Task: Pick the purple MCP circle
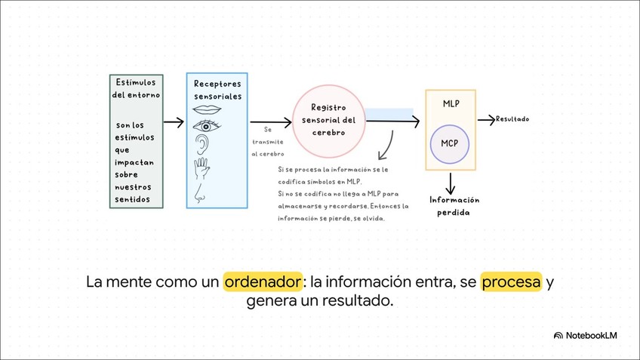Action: pyautogui.click(x=450, y=143)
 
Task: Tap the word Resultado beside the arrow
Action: pyautogui.click(x=512, y=119)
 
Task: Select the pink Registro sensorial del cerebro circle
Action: pyautogui.click(x=328, y=121)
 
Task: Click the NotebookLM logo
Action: pyautogui.click(x=585, y=336)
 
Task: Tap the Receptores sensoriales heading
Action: pyautogui.click(x=217, y=90)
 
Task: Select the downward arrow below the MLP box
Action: pyautogui.click(x=451, y=182)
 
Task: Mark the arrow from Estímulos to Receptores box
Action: pyautogui.click(x=174, y=122)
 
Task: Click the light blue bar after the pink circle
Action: pyautogui.click(x=389, y=114)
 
